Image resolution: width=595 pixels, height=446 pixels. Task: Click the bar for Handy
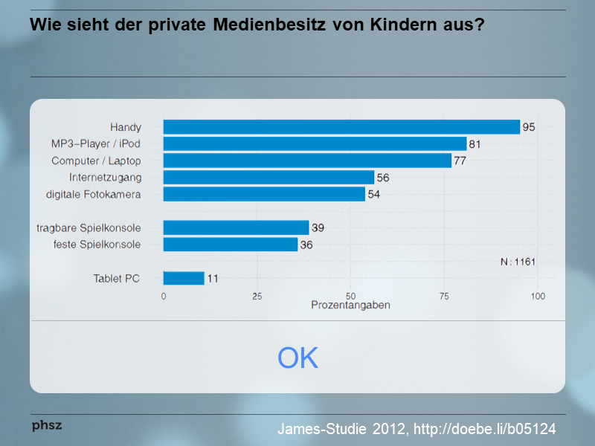tap(341, 127)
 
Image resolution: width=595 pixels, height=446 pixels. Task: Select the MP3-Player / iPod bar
tap(315, 144)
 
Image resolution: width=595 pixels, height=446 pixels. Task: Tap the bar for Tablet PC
tap(184, 279)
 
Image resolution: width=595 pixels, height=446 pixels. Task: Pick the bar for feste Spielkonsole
tap(231, 245)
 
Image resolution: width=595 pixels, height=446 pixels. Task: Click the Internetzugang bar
tap(268, 178)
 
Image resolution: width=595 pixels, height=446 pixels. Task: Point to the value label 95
tap(529, 127)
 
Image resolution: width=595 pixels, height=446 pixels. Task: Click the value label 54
tap(374, 194)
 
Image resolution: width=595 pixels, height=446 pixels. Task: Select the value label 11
tap(213, 279)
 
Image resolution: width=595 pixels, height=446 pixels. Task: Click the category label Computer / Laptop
tap(96, 161)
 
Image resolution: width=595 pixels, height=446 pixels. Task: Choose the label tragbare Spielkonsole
tap(89, 228)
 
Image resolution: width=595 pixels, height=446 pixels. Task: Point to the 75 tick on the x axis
tap(444, 296)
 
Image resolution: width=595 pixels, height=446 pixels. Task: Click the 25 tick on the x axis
tap(257, 296)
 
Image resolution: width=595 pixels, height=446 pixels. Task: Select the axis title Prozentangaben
tap(350, 306)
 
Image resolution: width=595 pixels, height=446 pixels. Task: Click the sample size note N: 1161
tap(518, 262)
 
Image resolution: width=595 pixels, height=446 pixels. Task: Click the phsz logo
tap(46, 425)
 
